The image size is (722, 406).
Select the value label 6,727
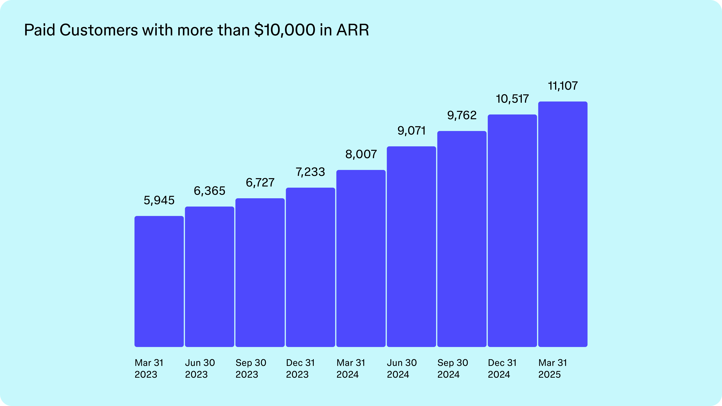tap(260, 183)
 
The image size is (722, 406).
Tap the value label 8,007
tap(361, 154)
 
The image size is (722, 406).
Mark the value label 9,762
tap(462, 115)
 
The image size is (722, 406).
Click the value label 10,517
tap(512, 99)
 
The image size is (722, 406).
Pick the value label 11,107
tap(562, 86)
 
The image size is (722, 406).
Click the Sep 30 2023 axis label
tap(251, 368)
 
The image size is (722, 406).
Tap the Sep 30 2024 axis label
tap(452, 368)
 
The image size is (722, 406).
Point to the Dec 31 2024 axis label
tap(502, 368)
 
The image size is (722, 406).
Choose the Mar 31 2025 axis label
tap(552, 368)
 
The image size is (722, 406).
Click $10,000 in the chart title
tap(285, 30)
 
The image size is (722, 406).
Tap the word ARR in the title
tap(353, 30)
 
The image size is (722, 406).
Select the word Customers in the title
tap(99, 30)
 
